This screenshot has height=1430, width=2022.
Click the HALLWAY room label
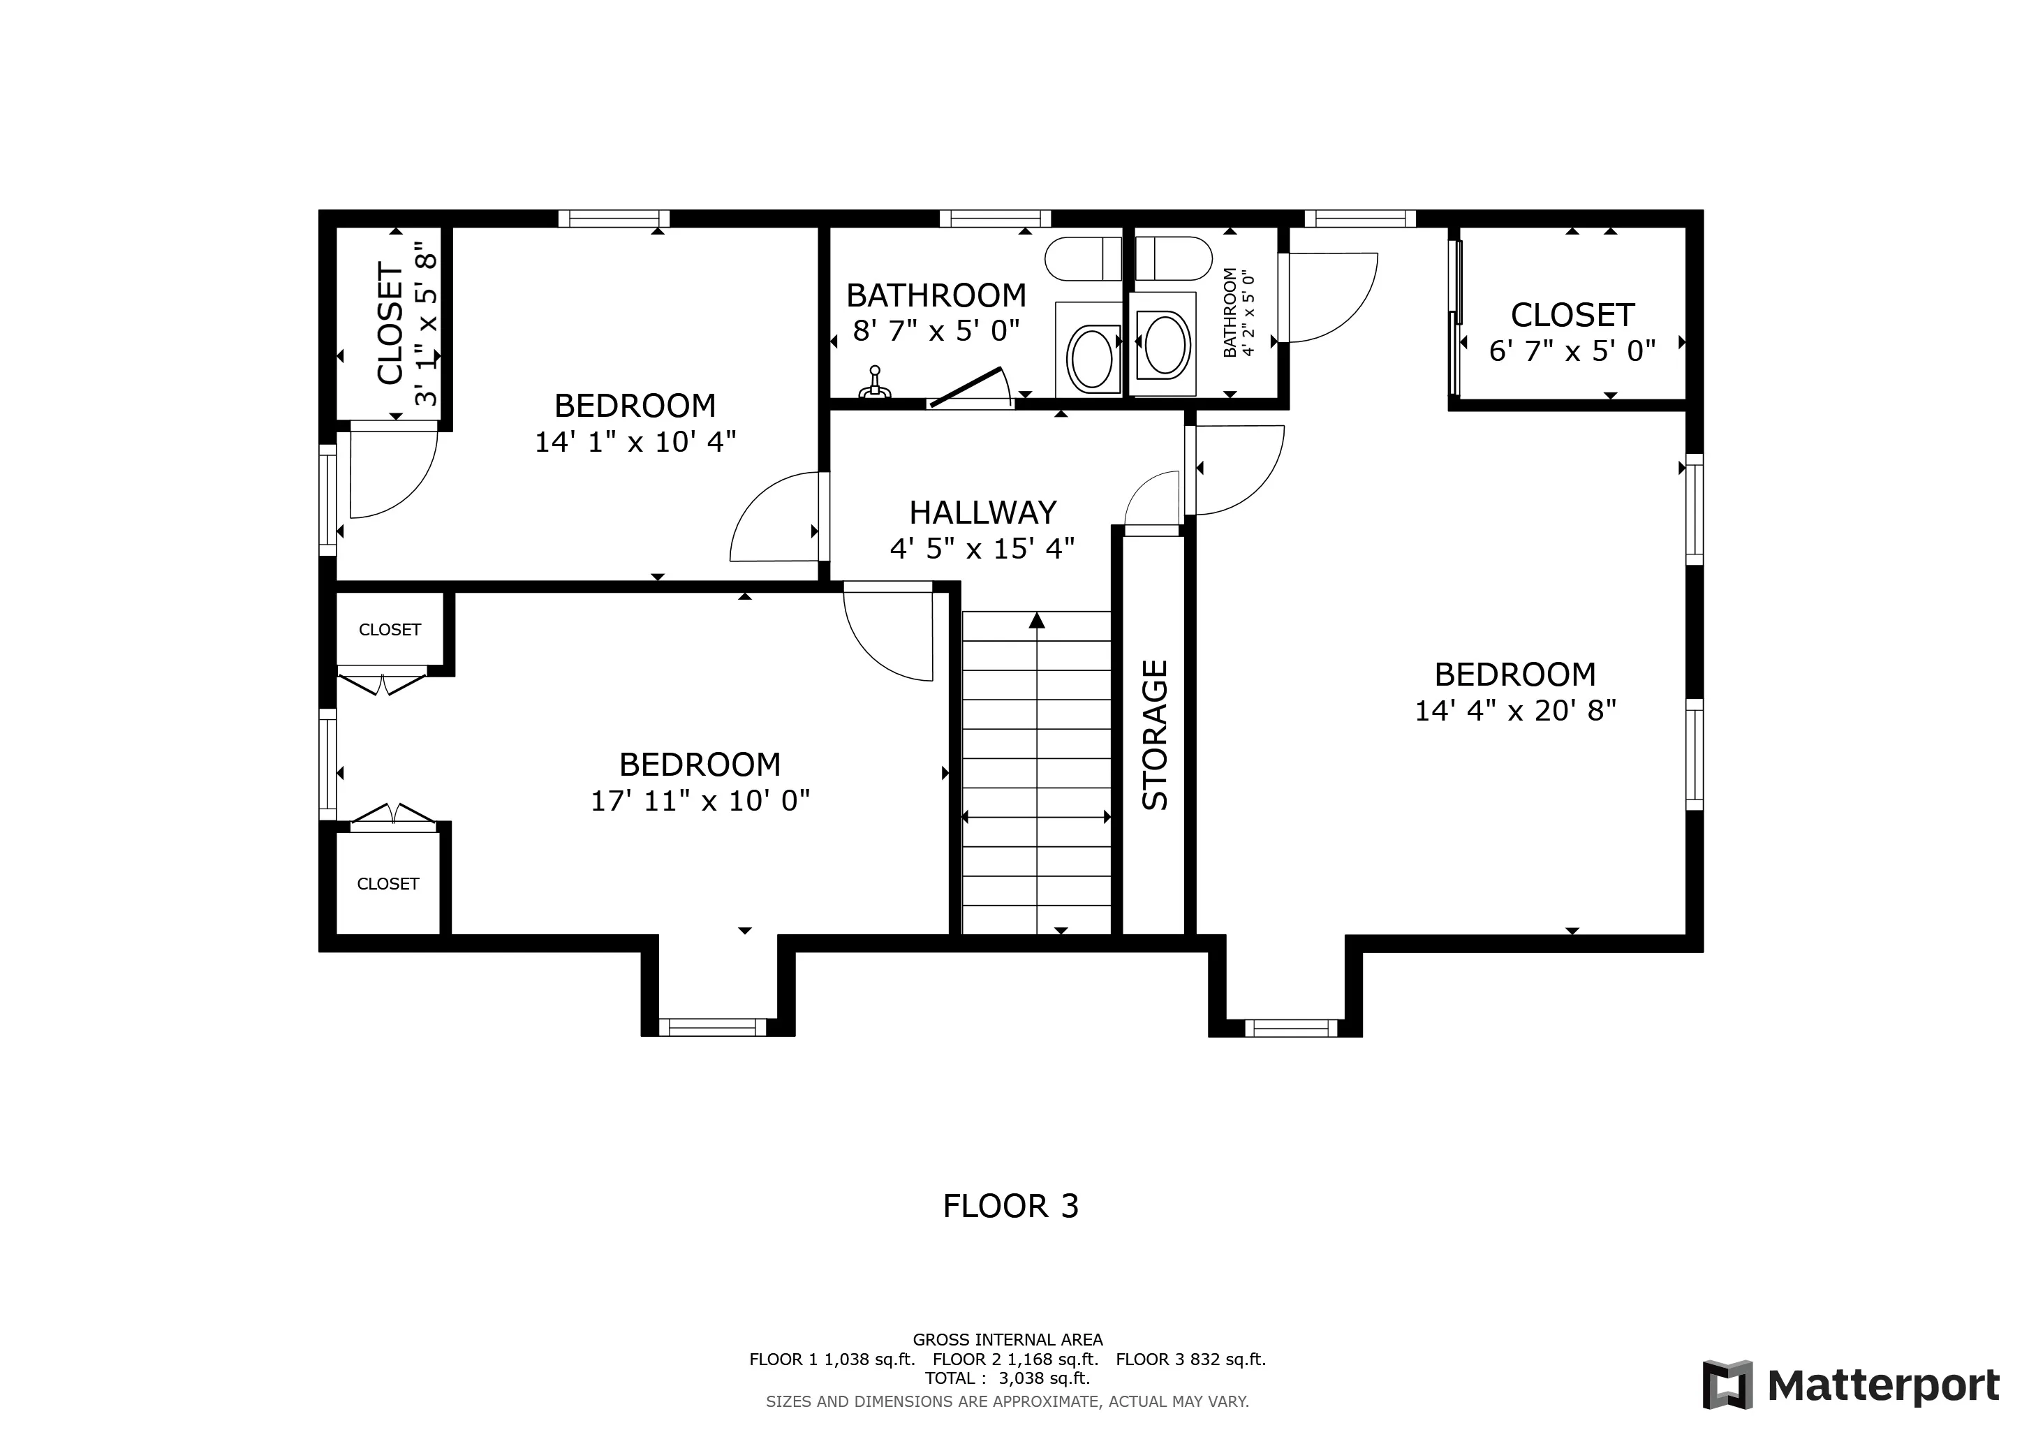(983, 513)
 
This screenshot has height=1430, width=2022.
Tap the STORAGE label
(1155, 735)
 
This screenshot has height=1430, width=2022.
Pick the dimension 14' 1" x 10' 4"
(635, 442)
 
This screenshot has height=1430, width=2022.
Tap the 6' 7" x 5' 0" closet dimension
(1573, 352)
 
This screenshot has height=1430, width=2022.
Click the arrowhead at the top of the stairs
(1037, 620)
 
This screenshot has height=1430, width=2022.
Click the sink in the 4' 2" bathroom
(1163, 344)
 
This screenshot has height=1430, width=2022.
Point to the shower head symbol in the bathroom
(874, 383)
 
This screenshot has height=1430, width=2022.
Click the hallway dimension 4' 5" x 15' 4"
(983, 550)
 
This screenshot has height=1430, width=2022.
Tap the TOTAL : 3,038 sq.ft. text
(1008, 1378)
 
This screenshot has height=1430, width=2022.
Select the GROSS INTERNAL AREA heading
(1008, 1340)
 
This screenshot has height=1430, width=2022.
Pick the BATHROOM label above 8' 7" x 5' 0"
(936, 295)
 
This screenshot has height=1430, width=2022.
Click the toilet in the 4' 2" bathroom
(1174, 258)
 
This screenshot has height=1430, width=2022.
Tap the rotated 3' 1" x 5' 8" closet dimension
(425, 323)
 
